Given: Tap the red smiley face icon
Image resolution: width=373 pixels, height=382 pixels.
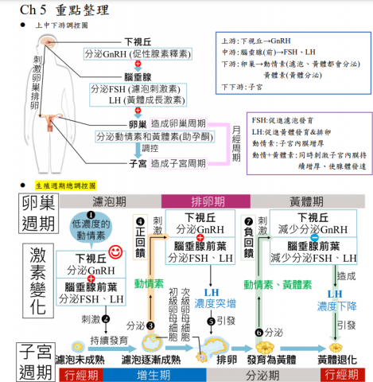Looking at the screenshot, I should click(x=117, y=252).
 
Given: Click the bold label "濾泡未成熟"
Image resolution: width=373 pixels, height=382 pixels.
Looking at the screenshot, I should click(x=82, y=360).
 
